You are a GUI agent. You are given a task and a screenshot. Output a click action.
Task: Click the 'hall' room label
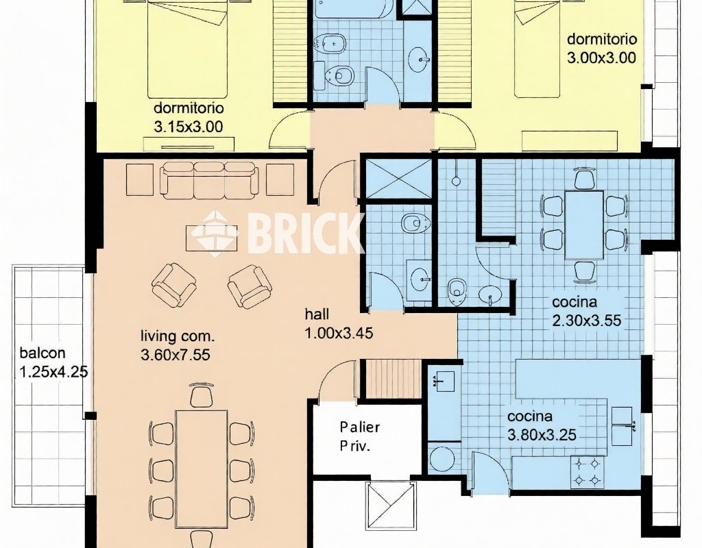(x=317, y=314)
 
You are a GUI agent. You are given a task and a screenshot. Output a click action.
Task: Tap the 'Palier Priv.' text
(x=359, y=436)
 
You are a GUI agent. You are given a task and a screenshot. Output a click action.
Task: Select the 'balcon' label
(x=43, y=353)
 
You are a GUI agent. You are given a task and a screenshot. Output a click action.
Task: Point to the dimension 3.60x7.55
(x=175, y=355)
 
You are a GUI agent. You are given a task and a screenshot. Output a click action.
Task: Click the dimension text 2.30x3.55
(x=587, y=321)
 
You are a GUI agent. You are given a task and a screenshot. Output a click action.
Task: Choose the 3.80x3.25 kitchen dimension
(x=542, y=435)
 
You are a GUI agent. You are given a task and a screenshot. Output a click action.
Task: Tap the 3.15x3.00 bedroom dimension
(x=189, y=127)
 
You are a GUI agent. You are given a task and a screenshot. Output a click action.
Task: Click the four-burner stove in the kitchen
(x=587, y=473)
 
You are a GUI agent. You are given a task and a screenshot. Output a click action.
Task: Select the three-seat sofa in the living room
(x=210, y=180)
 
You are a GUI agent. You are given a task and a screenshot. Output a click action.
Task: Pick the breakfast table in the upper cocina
(x=584, y=225)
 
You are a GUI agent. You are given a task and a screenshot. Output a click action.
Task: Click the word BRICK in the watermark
(x=304, y=232)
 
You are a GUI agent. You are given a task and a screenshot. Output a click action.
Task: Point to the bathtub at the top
(x=354, y=9)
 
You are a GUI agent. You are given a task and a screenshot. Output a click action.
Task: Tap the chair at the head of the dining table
(x=202, y=395)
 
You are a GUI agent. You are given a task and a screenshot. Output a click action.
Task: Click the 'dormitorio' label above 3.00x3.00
(x=602, y=39)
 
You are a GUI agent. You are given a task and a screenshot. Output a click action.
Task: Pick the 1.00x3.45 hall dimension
(x=339, y=334)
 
